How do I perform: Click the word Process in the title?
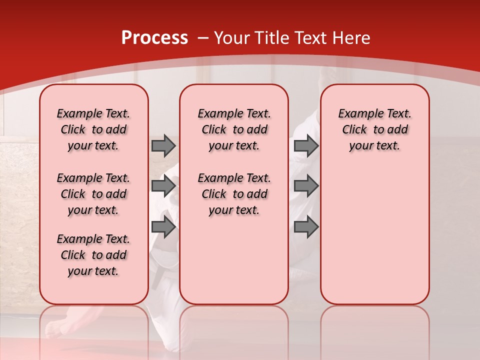pyautogui.click(x=154, y=38)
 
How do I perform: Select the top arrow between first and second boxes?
pyautogui.click(x=163, y=146)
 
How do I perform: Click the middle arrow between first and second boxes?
pyautogui.click(x=163, y=186)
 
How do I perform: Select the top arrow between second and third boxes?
pyautogui.click(x=306, y=146)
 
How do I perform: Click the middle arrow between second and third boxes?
pyautogui.click(x=306, y=186)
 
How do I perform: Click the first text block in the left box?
pyautogui.click(x=93, y=129)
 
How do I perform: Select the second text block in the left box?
pyautogui.click(x=93, y=194)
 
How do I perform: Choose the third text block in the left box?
pyautogui.click(x=93, y=255)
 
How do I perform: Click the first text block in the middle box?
pyautogui.click(x=234, y=129)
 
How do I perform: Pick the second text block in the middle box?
pyautogui.click(x=234, y=194)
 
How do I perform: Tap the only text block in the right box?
pyautogui.click(x=374, y=129)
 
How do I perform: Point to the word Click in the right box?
pyautogui.click(x=354, y=129)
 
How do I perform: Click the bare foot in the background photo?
pyautogui.click(x=60, y=327)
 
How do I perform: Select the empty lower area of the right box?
pyautogui.click(x=374, y=235)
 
